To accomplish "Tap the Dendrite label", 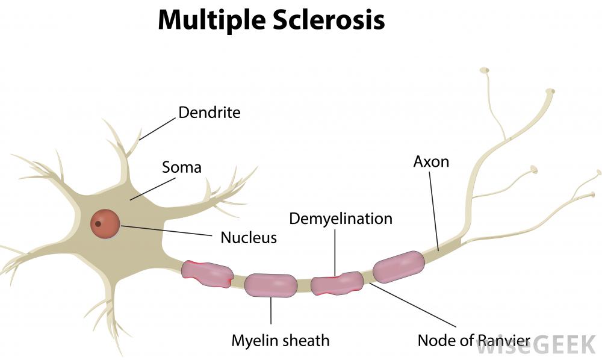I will point(209,113).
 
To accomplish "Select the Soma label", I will point(181,167).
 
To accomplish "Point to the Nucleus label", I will point(249,237).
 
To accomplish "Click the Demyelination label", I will point(341,218).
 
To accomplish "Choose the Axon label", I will point(431,161).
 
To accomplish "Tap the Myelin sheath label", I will point(281,341).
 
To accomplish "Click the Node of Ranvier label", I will point(474,341).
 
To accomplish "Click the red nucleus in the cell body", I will point(105,223).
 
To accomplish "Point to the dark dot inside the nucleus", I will point(98,224).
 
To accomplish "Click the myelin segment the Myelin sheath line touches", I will point(271,285).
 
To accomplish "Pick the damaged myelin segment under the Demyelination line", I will point(337,282).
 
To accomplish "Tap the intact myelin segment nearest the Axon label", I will point(399,267).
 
